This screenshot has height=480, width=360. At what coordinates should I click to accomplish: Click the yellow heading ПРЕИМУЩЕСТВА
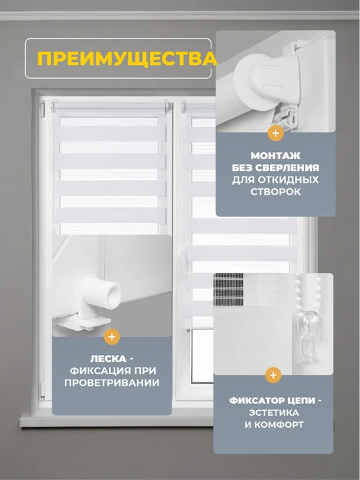127,59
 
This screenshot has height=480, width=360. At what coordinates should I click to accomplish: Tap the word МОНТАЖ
276,156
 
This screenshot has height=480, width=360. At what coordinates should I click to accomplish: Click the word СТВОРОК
276,192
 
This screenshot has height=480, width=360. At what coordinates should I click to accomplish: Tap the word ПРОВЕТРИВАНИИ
112,382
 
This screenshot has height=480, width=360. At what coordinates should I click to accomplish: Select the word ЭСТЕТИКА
273,412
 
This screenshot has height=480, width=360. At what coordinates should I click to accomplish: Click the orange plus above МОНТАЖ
276,133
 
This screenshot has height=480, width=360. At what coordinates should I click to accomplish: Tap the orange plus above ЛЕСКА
112,337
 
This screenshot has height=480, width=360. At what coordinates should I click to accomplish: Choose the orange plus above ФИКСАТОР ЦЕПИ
273,375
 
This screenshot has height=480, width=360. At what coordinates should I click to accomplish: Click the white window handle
183,261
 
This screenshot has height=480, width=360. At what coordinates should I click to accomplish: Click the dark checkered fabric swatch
228,290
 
